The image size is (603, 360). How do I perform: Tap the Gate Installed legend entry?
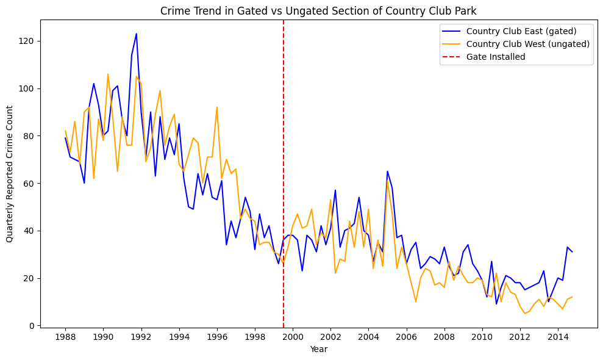tap(495, 56)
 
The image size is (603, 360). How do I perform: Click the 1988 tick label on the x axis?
tap(65, 337)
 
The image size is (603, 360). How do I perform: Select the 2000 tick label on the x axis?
tap(293, 337)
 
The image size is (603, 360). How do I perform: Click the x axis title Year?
tap(318, 349)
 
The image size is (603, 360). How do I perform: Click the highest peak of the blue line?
tap(137, 34)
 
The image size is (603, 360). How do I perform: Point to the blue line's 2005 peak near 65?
tap(387, 171)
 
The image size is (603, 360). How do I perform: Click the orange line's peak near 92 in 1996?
tap(217, 107)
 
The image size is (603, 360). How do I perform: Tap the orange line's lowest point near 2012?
tap(524, 314)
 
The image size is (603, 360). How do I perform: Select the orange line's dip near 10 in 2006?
tap(416, 301)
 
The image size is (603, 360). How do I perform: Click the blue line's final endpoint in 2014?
tap(572, 252)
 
